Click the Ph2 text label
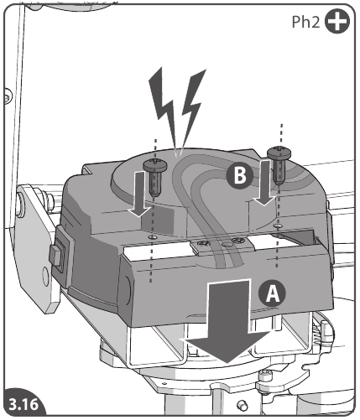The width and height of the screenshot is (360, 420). tap(308, 23)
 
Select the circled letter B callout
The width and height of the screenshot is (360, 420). tap(239, 175)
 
